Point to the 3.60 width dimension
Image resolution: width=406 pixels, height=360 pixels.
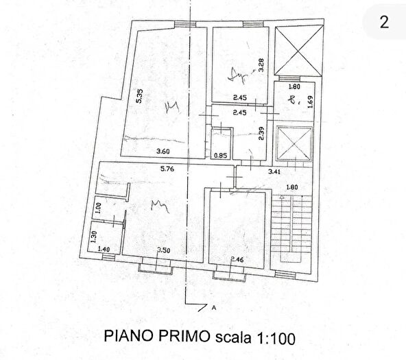pos(163,152)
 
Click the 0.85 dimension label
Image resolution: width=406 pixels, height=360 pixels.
pos(221,154)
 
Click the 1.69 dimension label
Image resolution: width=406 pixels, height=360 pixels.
pos(310,102)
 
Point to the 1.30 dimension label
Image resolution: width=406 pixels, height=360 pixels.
pos(93,235)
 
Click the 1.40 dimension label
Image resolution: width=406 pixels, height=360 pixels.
pos(104,249)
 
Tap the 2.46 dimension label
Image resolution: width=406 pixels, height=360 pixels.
pos(237,259)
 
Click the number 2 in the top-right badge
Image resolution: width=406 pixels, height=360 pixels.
pos(384,21)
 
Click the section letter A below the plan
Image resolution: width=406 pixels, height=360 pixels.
pos(214,308)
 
